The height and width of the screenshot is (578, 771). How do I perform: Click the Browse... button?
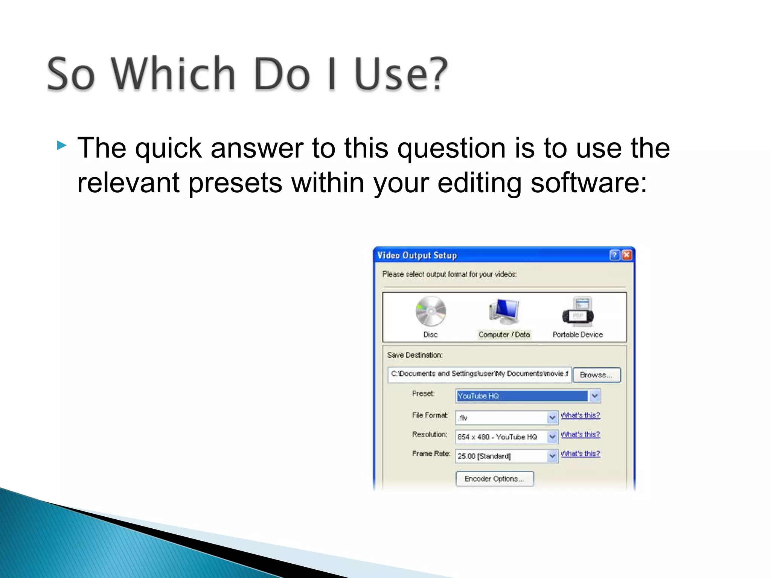click(x=596, y=375)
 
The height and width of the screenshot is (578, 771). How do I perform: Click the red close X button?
click(x=627, y=255)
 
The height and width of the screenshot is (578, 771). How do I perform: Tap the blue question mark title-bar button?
click(x=614, y=255)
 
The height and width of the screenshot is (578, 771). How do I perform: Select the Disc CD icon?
click(x=431, y=312)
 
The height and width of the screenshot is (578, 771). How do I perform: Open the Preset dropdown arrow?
click(x=594, y=396)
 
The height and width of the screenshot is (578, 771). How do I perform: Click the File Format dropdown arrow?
click(x=552, y=418)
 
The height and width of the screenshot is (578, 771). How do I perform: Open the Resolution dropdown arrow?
click(x=552, y=437)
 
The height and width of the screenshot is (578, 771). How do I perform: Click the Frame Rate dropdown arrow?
click(x=552, y=456)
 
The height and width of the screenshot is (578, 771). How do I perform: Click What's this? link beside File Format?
click(x=580, y=415)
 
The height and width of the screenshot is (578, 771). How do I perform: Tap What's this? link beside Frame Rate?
click(x=580, y=454)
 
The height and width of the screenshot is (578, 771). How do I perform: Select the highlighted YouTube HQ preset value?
click(x=521, y=396)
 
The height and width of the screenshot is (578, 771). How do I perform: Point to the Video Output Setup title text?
click(x=417, y=256)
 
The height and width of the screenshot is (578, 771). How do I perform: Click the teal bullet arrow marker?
click(x=62, y=145)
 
